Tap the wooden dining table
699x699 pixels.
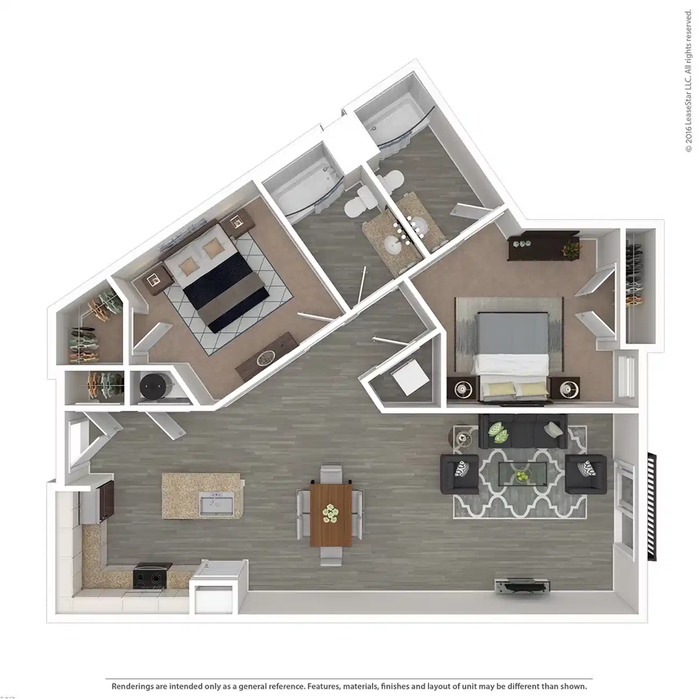coord(331,515)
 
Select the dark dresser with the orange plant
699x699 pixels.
coord(544,247)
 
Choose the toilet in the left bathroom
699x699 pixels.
coord(356,204)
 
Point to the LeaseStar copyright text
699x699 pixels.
coord(688,81)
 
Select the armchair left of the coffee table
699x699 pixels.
coord(459,474)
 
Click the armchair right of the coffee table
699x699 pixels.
coord(586,474)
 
